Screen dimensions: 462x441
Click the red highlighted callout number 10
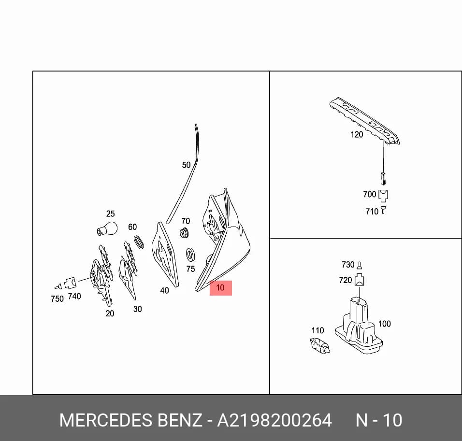point(220,287)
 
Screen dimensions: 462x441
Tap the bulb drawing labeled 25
point(107,228)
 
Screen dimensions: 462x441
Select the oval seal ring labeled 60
point(139,242)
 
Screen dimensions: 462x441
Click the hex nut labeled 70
point(185,233)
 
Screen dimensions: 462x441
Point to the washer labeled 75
point(190,255)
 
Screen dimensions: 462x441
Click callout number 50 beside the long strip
point(186,165)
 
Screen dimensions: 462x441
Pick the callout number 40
point(164,290)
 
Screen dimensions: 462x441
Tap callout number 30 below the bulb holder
point(138,309)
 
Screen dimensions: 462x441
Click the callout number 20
point(110,313)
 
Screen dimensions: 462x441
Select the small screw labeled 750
point(58,286)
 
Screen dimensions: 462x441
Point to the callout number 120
point(357,135)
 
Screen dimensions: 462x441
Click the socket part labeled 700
point(383,196)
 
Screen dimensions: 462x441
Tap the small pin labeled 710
point(383,210)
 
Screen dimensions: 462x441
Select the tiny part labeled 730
point(359,265)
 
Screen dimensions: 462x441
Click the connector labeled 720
point(360,280)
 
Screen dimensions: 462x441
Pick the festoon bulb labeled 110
point(320,345)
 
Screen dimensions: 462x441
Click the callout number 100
point(384,324)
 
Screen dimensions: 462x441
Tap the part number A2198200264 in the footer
point(274,420)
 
